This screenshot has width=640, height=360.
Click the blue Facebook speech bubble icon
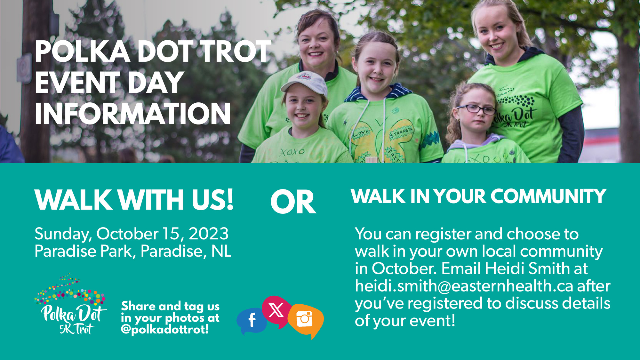(252, 321)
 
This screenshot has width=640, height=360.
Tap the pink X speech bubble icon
(276, 311)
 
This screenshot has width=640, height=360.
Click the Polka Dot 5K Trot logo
(70, 304)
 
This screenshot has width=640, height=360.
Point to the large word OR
(293, 202)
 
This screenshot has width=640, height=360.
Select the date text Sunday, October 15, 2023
(132, 234)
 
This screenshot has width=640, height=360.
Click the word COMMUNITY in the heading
(548, 196)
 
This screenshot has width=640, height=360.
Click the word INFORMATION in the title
(132, 114)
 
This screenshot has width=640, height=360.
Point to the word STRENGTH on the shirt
(401, 133)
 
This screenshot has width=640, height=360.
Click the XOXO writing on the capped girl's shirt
(292, 152)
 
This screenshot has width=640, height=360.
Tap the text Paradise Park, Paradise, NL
(133, 251)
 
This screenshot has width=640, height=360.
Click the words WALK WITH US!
(134, 200)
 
